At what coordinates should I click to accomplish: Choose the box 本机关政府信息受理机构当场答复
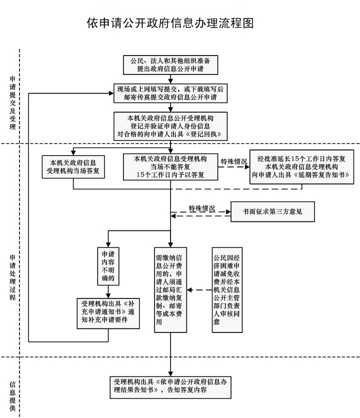(x=73, y=166)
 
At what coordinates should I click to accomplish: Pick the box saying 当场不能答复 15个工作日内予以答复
(x=170, y=166)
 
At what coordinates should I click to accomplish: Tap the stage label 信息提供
(x=12, y=390)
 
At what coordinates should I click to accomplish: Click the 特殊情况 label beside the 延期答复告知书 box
(x=234, y=162)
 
